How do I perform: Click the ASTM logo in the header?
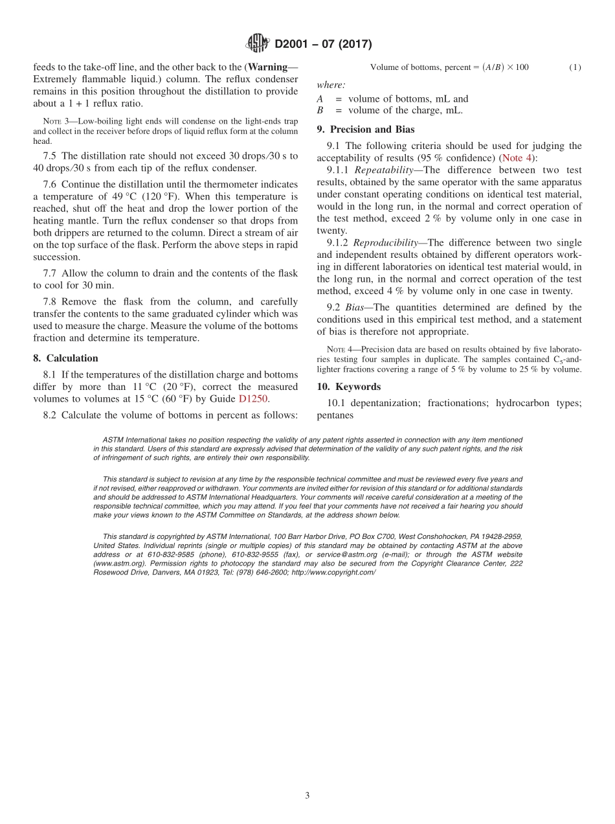[x=258, y=43]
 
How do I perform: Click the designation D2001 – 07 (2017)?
[x=323, y=44]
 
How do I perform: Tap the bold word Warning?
[x=269, y=67]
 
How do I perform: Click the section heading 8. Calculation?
[x=65, y=358]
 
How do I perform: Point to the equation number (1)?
[x=575, y=67]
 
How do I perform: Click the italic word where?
[x=331, y=85]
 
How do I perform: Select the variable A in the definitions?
[x=320, y=99]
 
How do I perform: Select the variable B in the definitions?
[x=320, y=111]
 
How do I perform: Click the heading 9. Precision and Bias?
[x=365, y=130]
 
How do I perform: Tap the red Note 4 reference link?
[x=515, y=158]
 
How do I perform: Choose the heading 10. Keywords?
[x=348, y=387]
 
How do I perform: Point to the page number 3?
[x=307, y=795]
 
